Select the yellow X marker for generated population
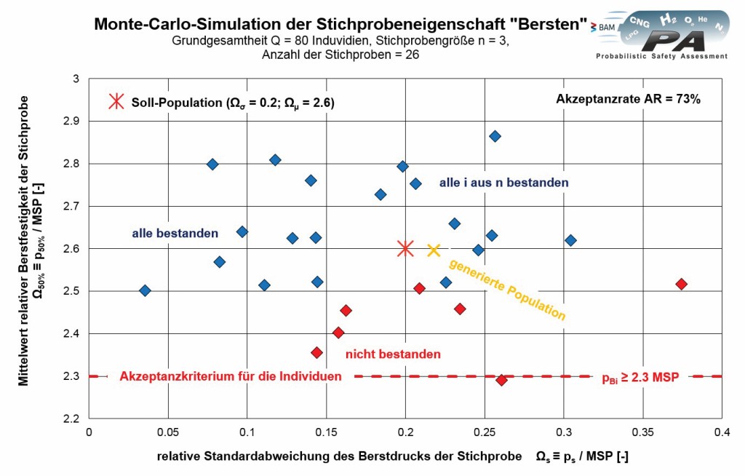[x=434, y=250]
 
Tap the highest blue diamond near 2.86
[x=495, y=136]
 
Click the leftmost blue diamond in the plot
[x=145, y=290]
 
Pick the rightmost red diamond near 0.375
[x=681, y=284]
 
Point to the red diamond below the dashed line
[x=501, y=380]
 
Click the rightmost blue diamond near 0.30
[x=570, y=240]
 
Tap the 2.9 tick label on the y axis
[x=71, y=121]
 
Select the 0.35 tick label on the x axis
[x=643, y=431]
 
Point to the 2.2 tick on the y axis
[x=71, y=419]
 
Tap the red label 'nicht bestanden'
[x=393, y=354]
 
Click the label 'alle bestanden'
[x=175, y=234]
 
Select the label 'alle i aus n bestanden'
[x=503, y=183]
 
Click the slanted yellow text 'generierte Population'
[x=506, y=290]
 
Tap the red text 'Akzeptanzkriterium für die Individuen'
[x=231, y=376]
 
